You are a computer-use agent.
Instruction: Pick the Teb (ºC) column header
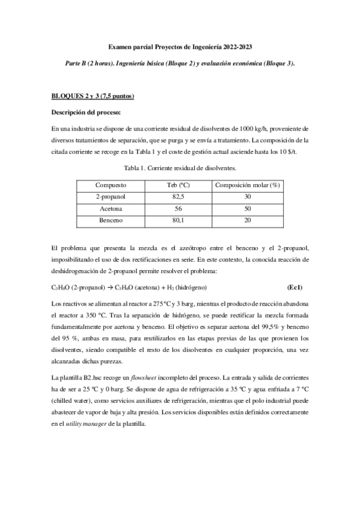[x=178, y=185]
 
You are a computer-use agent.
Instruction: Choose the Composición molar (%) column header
[x=248, y=185]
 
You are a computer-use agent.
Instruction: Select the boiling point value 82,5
[x=178, y=197]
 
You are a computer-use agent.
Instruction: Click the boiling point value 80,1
[x=178, y=220]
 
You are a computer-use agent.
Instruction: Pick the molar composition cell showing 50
[x=248, y=209]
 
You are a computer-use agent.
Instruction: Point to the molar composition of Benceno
[x=248, y=220]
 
